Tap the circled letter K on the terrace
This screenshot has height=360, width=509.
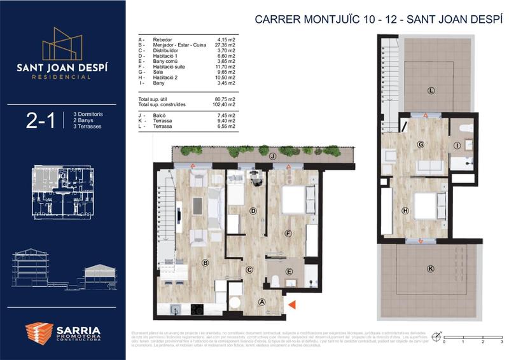point(431,269)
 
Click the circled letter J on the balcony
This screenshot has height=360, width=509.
point(272,156)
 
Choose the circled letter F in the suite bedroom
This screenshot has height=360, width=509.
point(288,233)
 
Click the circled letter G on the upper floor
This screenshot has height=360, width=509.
point(421,144)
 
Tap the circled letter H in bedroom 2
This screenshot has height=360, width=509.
point(404,211)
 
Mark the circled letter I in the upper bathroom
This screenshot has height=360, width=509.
point(457,146)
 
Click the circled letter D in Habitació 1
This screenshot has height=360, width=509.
point(253,211)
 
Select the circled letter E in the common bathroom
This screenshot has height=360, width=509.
point(289,272)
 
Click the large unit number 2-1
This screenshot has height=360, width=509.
point(40,121)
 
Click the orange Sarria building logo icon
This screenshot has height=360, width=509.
point(39,335)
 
